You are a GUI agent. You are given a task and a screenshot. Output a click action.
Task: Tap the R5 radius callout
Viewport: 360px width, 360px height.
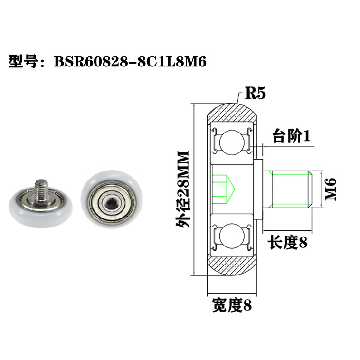pyautogui.click(x=255, y=93)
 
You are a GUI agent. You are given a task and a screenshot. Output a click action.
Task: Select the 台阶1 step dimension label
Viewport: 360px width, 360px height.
pyautogui.click(x=291, y=137)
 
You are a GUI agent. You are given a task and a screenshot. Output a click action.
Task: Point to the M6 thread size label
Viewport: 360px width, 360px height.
pyautogui.click(x=331, y=189)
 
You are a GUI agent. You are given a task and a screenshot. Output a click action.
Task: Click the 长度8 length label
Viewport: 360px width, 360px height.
pyautogui.click(x=288, y=243)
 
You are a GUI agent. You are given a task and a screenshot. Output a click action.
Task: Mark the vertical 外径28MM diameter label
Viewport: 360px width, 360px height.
pyautogui.click(x=182, y=189)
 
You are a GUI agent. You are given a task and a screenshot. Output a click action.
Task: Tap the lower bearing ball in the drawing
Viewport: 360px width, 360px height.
pyautogui.click(x=232, y=237)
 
